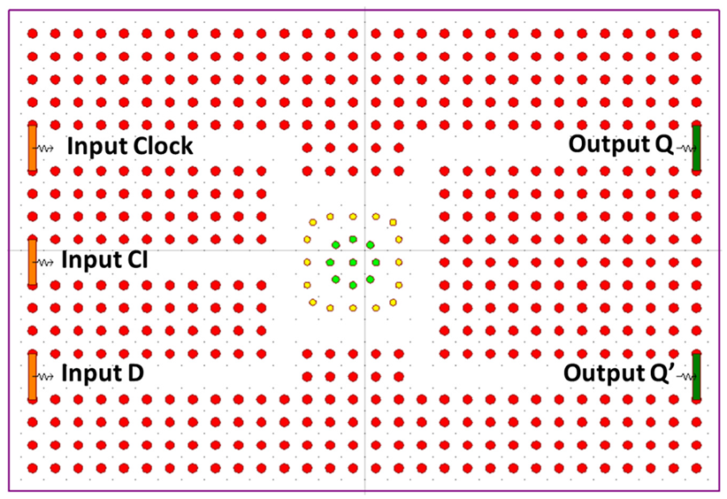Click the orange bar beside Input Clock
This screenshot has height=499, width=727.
[x=33, y=147]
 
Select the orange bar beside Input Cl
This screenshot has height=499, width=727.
[x=33, y=261]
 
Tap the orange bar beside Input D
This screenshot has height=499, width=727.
[x=33, y=376]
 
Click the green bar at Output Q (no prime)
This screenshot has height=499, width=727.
[x=696, y=147]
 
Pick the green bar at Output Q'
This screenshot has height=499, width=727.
[x=696, y=376]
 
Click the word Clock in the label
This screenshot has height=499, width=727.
[x=161, y=147]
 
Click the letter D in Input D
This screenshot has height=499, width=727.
[x=135, y=374]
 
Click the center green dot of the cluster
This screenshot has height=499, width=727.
[x=353, y=262]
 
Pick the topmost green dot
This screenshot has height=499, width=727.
[x=353, y=239]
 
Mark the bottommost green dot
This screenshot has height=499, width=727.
[x=353, y=285]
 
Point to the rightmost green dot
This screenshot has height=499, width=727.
[x=376, y=262]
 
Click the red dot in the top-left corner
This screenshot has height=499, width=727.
[x=32, y=34]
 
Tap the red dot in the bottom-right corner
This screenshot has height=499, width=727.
[x=696, y=467]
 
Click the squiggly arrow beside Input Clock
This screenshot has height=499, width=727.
[x=47, y=148]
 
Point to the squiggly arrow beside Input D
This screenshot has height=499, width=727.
[x=47, y=376]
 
